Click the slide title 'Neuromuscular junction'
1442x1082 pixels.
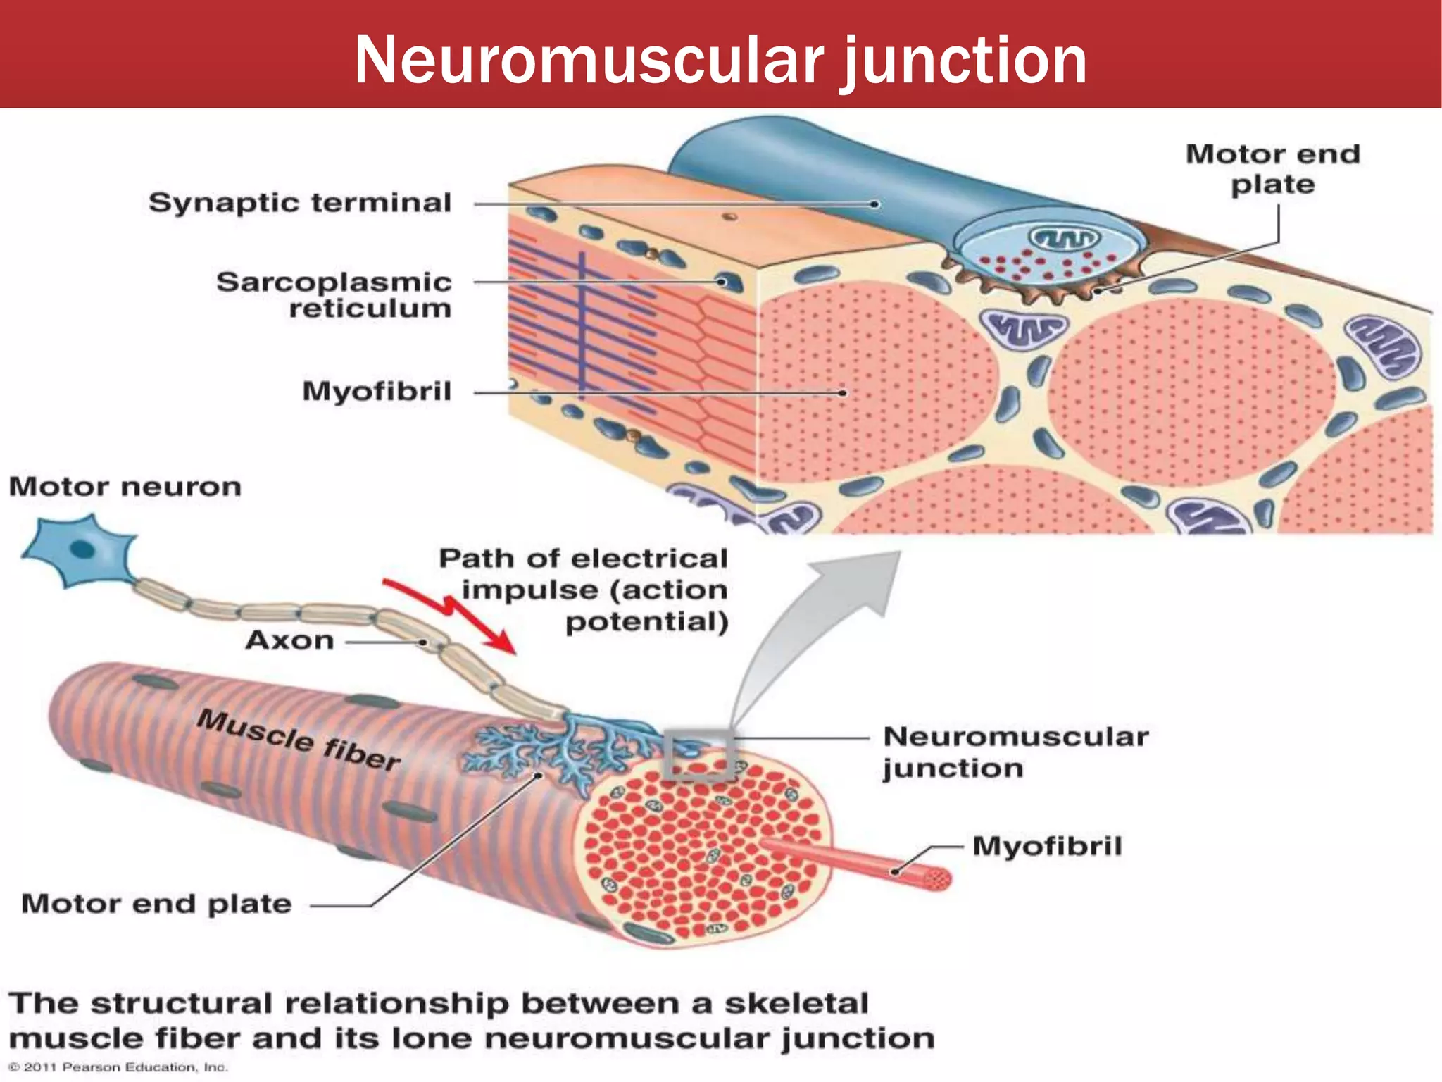(720, 60)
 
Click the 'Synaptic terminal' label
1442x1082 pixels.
(300, 203)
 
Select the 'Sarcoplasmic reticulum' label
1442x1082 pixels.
(334, 294)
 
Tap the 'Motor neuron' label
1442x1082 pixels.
(125, 487)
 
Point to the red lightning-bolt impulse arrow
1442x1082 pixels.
(451, 610)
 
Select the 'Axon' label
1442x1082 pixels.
(289, 640)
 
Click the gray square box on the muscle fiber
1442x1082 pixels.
(698, 754)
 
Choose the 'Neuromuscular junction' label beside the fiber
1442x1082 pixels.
(1014, 752)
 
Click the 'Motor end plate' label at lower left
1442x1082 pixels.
(156, 904)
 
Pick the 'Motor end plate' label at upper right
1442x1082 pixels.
(1272, 169)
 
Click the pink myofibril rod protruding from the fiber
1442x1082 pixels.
(859, 861)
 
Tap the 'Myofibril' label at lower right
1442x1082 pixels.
(1047, 846)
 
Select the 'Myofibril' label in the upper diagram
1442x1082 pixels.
(377, 392)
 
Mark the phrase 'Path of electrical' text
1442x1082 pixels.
(583, 559)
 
